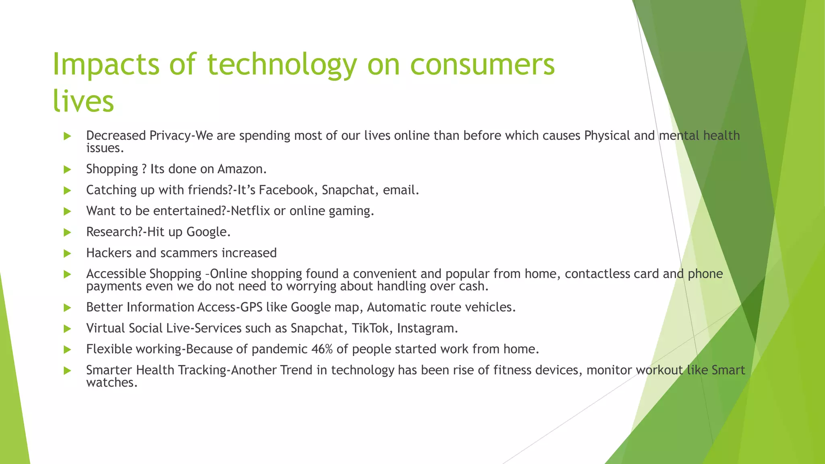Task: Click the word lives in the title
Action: [x=83, y=101]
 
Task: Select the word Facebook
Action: [x=286, y=190]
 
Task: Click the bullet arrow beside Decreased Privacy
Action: [x=67, y=136]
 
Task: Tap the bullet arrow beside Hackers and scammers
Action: [x=67, y=253]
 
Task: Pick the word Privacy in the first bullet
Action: [x=169, y=136]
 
